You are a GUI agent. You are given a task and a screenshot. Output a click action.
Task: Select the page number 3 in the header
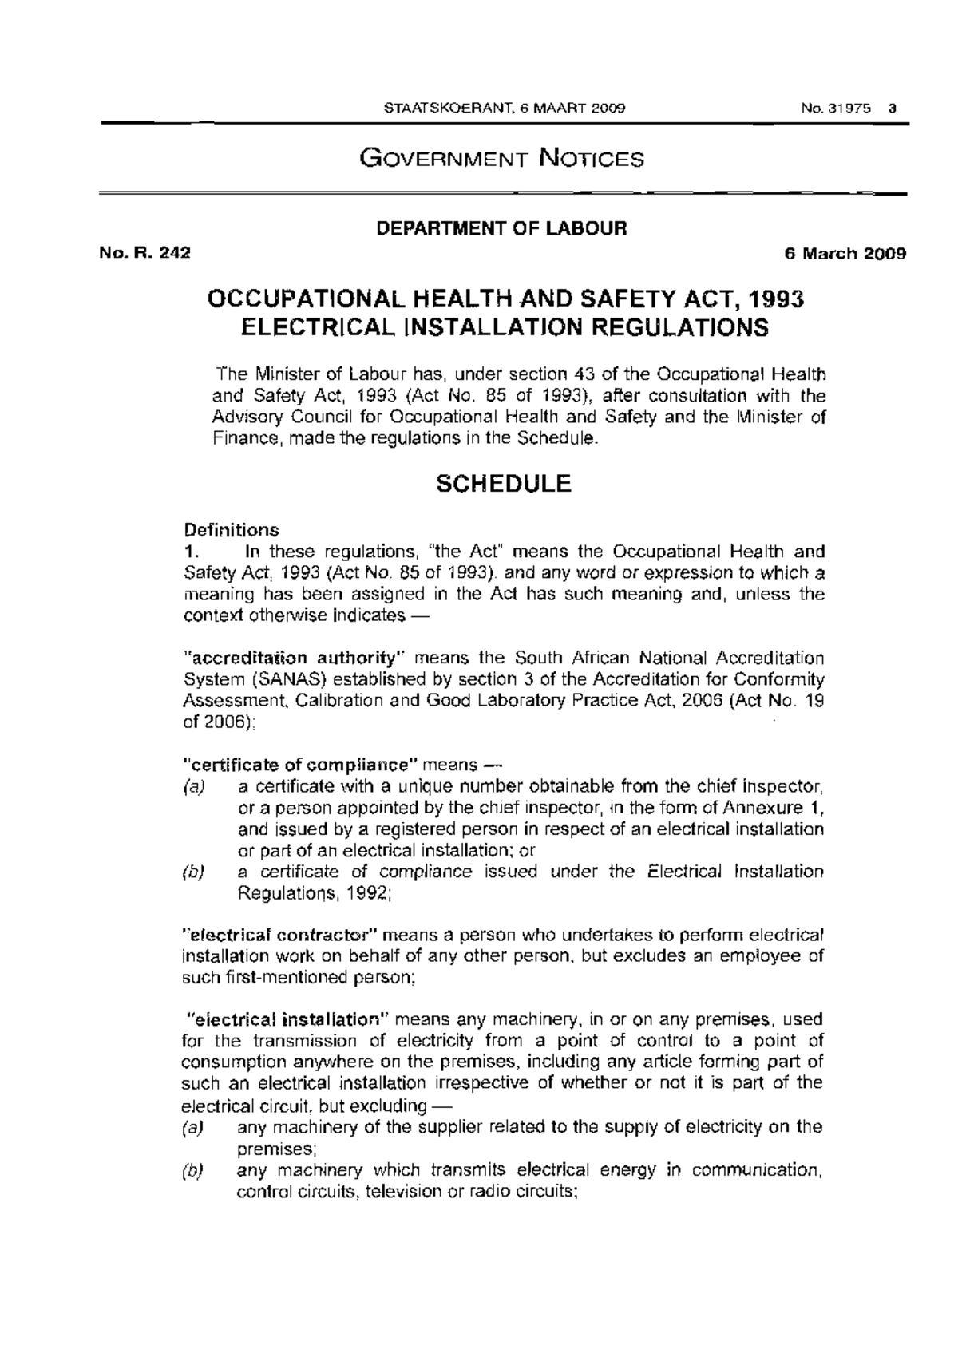tap(893, 109)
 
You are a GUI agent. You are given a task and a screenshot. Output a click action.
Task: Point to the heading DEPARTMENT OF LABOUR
tap(502, 228)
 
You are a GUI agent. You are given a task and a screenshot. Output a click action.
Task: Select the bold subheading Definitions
tap(232, 530)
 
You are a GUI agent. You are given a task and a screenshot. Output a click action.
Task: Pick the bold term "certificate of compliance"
tap(301, 765)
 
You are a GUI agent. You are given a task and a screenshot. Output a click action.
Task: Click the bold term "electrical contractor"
tap(286, 935)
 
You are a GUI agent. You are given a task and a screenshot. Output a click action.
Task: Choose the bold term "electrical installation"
tap(287, 1019)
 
